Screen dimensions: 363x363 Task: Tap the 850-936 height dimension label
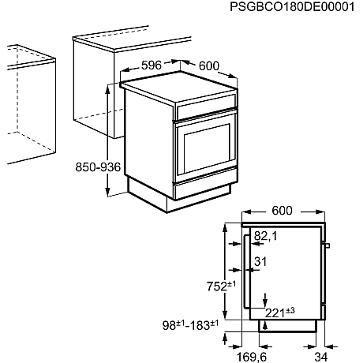[98, 167]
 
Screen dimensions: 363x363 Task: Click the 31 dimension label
[261, 262]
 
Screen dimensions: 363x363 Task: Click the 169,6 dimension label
[253, 355]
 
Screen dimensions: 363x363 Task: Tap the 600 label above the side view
[282, 210]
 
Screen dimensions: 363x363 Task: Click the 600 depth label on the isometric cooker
[208, 66]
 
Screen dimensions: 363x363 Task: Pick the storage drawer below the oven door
[203, 185]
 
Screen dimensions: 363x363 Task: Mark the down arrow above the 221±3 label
[267, 301]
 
